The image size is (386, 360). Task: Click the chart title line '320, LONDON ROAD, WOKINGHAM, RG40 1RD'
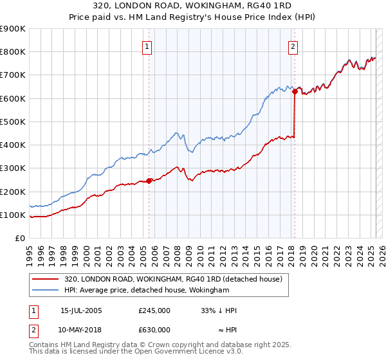pos(193,6)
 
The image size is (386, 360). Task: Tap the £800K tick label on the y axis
pos(13,52)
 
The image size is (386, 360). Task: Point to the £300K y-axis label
pos(13,168)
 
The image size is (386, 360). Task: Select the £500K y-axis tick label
pos(13,122)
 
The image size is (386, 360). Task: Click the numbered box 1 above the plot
pos(147,47)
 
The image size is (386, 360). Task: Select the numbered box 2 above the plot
pos(293,46)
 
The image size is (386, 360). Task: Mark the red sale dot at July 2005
pos(149,181)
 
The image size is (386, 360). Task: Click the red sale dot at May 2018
pos(295,91)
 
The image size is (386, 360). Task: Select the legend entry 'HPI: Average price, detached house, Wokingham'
pos(147,291)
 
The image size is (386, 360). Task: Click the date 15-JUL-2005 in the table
pos(81,310)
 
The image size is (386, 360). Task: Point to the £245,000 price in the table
pos(154,310)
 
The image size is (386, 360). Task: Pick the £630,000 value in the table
pos(154,330)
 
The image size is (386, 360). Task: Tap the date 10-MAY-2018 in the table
pos(81,330)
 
